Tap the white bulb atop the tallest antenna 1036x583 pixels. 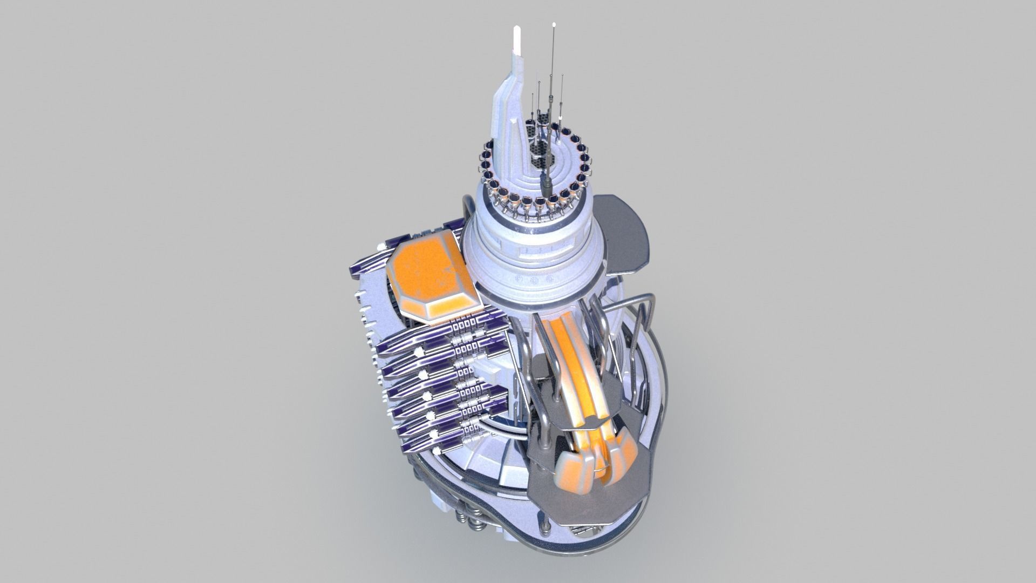(x=555, y=24)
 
